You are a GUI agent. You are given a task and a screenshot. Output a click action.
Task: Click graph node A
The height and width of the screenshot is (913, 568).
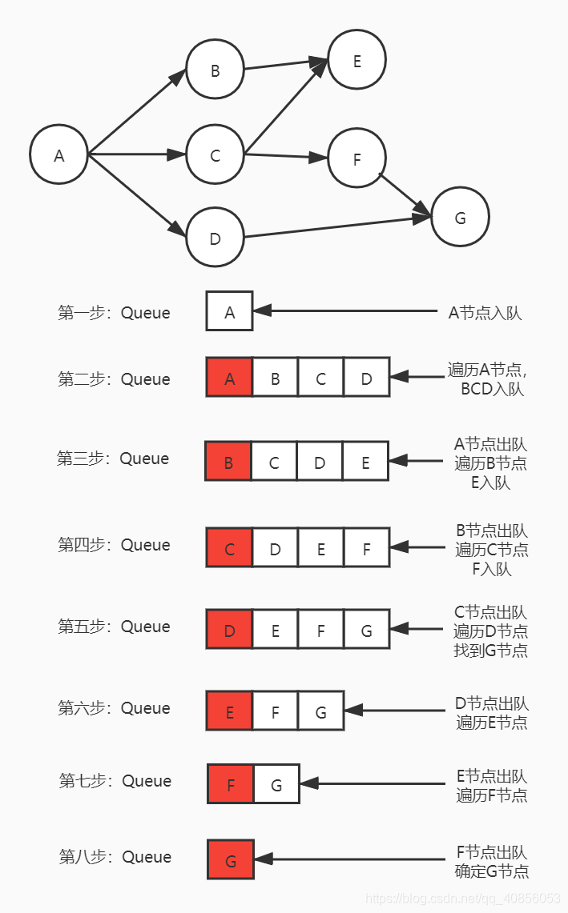pos(58,154)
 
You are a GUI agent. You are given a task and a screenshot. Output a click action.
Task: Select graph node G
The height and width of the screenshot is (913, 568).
pos(460,218)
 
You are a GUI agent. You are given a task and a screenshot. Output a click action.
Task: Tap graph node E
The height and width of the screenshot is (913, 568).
pos(357,60)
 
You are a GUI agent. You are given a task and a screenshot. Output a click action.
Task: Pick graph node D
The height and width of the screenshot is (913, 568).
pos(215,238)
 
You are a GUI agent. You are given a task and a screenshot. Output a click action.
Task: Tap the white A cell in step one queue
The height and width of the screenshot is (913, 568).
pos(229,311)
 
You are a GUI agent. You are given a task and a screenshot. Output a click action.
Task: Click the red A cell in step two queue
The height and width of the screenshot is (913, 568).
pos(229,378)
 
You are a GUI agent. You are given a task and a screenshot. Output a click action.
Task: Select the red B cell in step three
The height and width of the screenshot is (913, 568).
pos(228,461)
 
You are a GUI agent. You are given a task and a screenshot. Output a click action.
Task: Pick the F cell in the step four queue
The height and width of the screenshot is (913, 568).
pos(366,548)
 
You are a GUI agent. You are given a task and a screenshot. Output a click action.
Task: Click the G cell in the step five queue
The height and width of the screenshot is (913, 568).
pos(366,630)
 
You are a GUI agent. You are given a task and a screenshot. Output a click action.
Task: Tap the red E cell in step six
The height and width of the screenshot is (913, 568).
pos(229,711)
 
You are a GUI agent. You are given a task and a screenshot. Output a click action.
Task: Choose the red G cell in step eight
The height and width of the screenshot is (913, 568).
pos(231,860)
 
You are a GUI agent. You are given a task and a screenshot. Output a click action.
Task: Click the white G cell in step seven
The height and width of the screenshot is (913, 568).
pos(276,784)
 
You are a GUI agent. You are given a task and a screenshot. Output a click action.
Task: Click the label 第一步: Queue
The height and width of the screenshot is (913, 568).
pos(114,312)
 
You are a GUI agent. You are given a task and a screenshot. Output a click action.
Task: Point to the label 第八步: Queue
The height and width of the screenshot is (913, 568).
pos(115,857)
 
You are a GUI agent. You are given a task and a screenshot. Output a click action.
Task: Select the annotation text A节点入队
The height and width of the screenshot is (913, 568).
pos(485,313)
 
